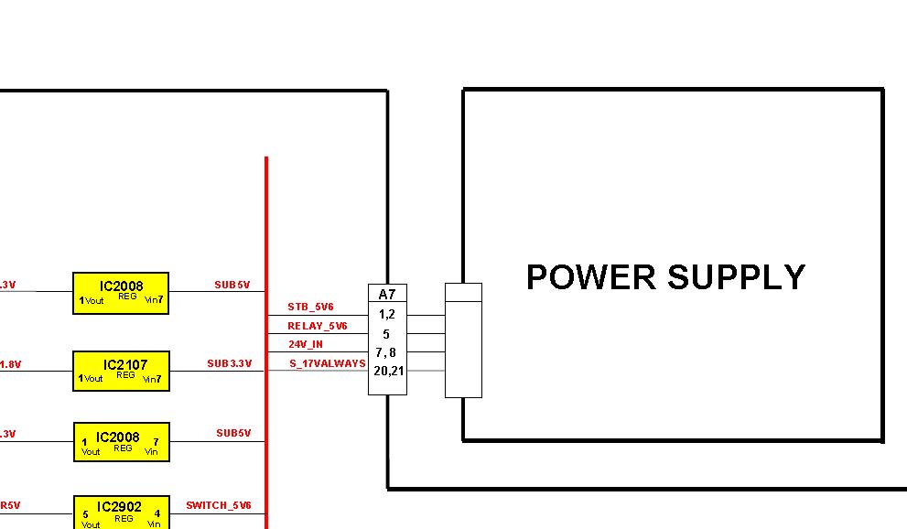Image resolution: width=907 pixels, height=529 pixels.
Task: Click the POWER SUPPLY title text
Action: click(665, 276)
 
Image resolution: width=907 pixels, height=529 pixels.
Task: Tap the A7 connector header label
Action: click(387, 294)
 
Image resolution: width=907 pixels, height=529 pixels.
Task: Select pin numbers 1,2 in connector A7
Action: click(386, 314)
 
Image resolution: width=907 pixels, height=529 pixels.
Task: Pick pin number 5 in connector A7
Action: click(386, 334)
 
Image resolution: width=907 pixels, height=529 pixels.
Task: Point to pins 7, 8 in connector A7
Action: click(386, 352)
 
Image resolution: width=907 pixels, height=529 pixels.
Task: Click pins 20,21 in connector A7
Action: click(387, 371)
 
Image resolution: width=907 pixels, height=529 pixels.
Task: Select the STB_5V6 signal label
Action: click(310, 308)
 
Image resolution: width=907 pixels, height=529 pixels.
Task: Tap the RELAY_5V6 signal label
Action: click(317, 326)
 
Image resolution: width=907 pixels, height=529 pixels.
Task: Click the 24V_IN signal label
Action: click(305, 345)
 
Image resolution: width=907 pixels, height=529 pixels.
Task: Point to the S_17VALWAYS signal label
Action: click(327, 363)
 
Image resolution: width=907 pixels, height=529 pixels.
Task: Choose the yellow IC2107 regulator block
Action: click(122, 371)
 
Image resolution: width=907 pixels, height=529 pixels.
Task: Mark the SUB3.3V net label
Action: click(229, 363)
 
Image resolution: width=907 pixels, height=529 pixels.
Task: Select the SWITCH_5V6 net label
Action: click(218, 505)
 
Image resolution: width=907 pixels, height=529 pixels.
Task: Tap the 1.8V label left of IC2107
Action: click(10, 364)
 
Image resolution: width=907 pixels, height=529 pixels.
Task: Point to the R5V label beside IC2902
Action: click(10, 505)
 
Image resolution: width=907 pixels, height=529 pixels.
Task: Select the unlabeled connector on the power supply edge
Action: click(463, 340)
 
